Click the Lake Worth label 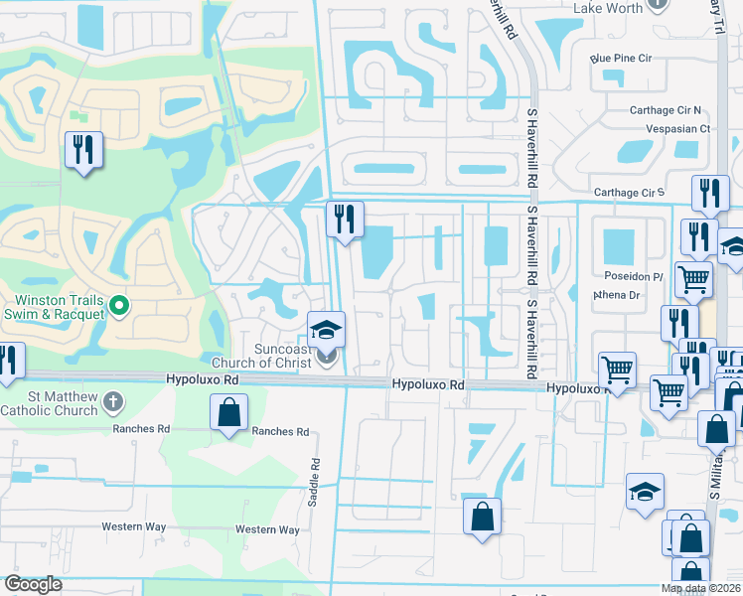(x=608, y=8)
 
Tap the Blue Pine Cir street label (x=621, y=59)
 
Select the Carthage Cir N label (x=666, y=110)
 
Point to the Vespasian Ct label (x=677, y=128)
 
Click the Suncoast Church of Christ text (x=268, y=356)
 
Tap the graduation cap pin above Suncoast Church (x=325, y=330)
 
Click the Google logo (x=33, y=584)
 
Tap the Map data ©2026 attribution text (x=700, y=589)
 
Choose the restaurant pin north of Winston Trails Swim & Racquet (x=82, y=151)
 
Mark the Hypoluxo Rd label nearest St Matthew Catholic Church (x=203, y=379)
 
